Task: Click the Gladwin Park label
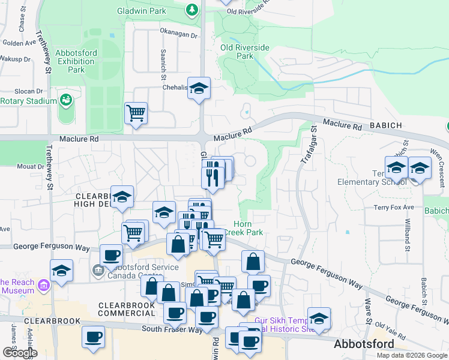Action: (150, 11)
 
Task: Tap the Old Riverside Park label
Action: (244, 52)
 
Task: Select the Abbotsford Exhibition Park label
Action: (76, 61)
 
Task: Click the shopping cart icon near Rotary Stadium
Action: (136, 112)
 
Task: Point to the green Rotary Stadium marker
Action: (65, 100)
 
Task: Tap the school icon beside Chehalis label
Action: (199, 88)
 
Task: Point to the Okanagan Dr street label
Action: (178, 35)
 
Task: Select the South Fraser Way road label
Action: (169, 329)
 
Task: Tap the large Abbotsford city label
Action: (364, 344)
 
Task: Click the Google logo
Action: (20, 353)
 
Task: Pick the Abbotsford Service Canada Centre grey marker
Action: (97, 271)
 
